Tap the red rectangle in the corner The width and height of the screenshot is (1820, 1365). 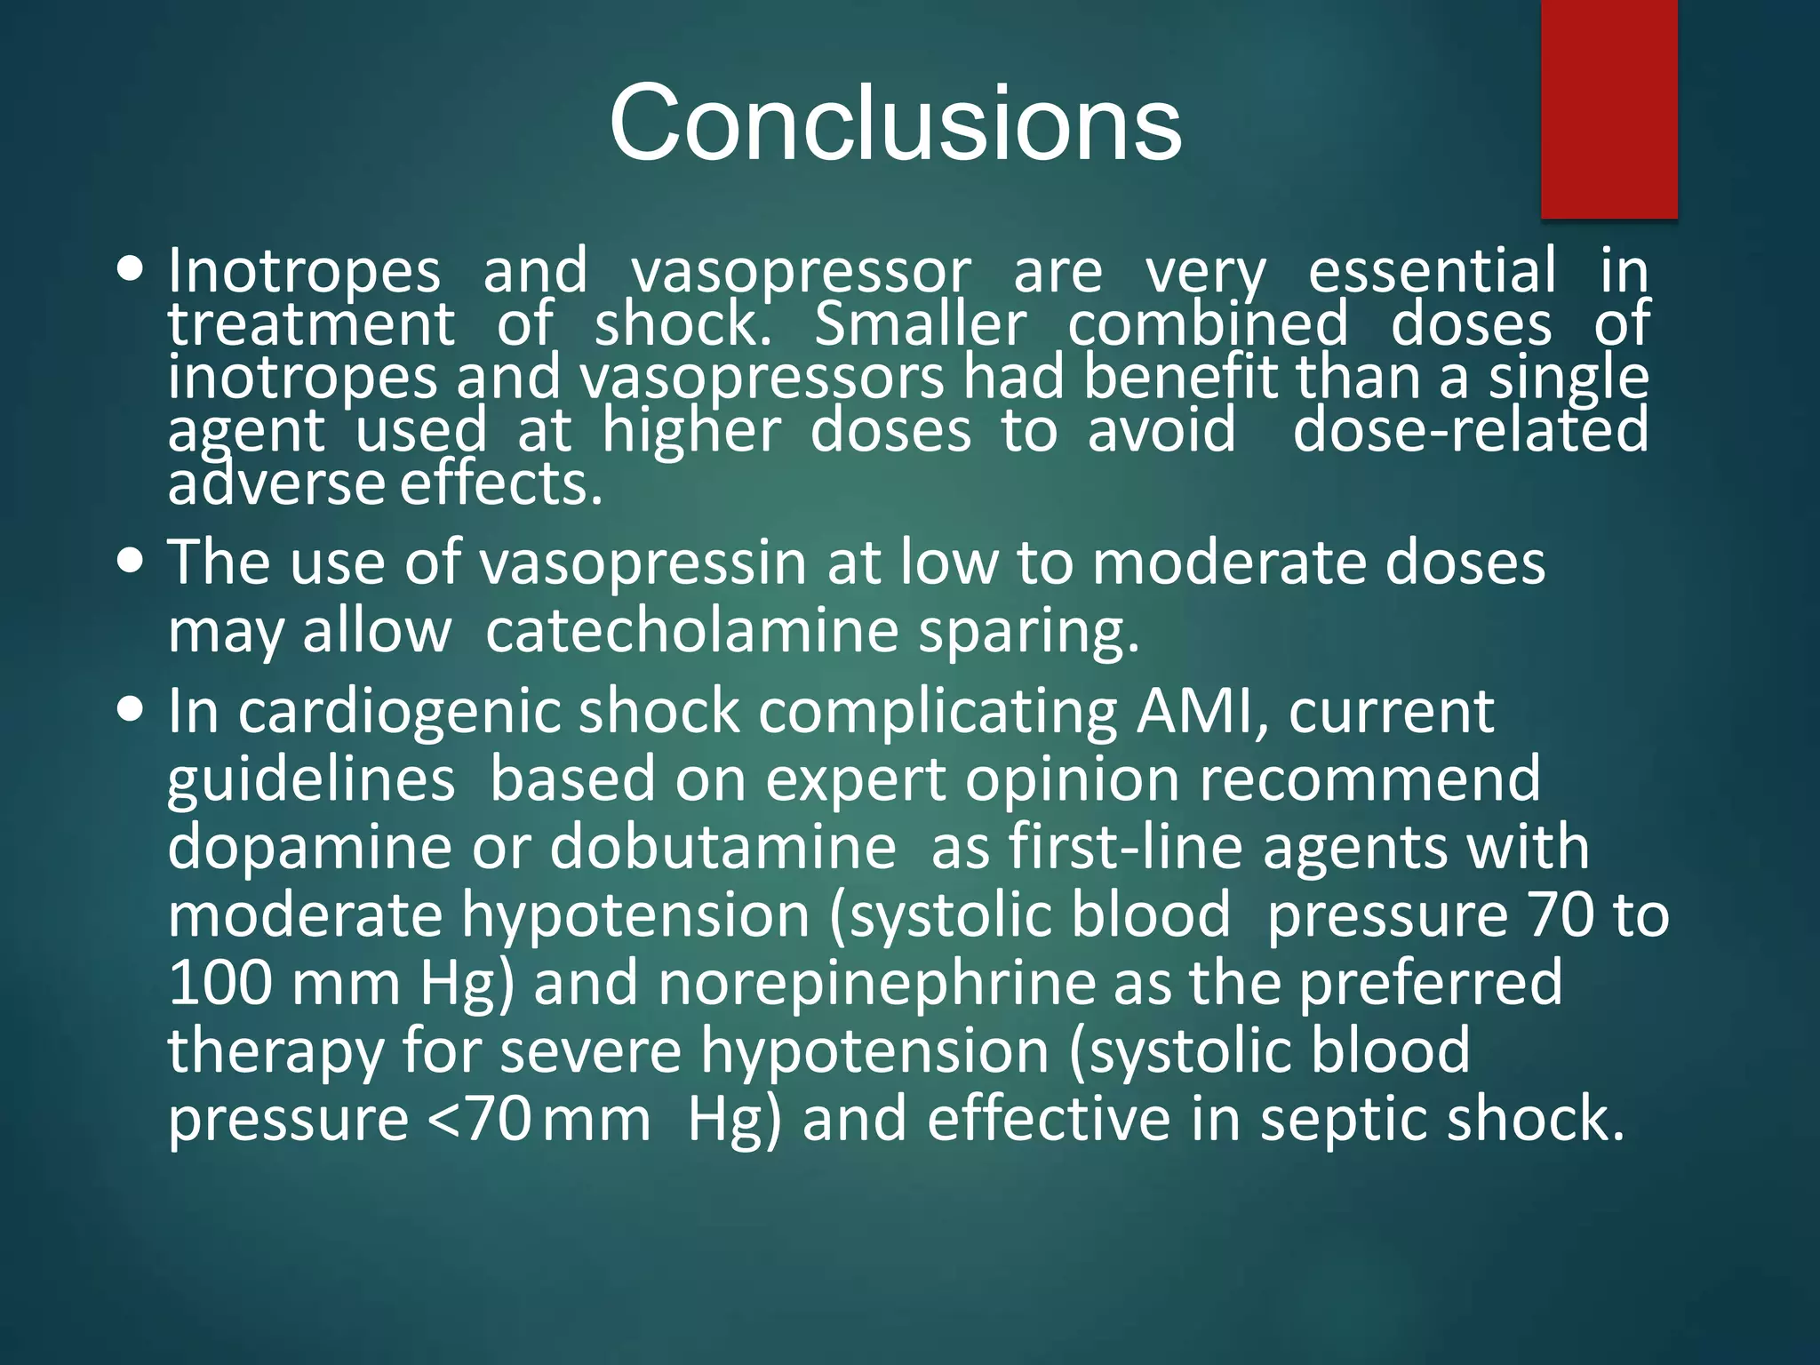click(1608, 108)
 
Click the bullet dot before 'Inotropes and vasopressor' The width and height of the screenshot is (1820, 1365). click(130, 269)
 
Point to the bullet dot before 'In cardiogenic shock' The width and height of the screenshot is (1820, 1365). click(130, 710)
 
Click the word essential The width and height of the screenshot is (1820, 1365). click(1432, 271)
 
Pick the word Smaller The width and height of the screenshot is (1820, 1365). click(920, 324)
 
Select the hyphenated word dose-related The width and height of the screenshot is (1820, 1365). click(1471, 431)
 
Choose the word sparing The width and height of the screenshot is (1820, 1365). click(1028, 633)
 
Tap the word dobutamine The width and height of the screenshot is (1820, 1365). click(722, 847)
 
